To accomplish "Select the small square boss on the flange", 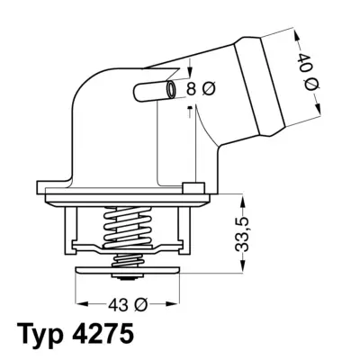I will (189, 187).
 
